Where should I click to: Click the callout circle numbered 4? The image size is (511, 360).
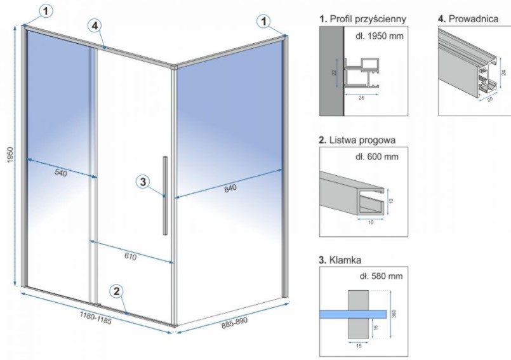point(94,26)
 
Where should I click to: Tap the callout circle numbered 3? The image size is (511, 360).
point(143,182)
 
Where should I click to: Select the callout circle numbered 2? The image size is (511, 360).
point(116,291)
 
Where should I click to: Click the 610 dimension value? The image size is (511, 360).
point(129,257)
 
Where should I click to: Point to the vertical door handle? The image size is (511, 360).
point(165,195)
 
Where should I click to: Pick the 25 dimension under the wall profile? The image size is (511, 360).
point(361,98)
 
